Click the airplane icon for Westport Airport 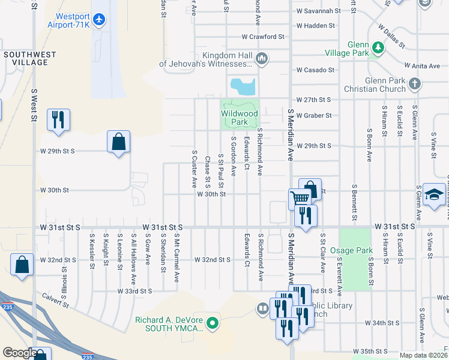(99, 20)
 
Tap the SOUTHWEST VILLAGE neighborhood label (30, 58)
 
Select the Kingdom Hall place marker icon (261, 58)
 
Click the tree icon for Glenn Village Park (378, 47)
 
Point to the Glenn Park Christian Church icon (414, 85)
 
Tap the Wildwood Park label (239, 117)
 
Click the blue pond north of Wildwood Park (243, 86)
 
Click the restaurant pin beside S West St (58, 119)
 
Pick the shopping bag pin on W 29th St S (119, 142)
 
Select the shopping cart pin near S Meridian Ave (300, 198)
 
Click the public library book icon (262, 309)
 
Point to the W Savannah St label (318, 11)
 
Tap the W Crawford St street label (263, 37)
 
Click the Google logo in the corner (19, 353)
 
